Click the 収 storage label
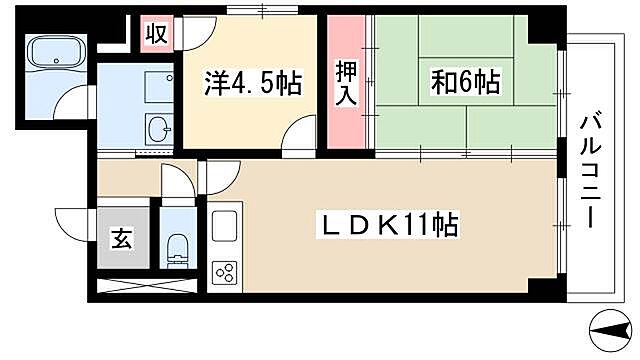pyautogui.click(x=155, y=33)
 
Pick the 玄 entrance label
pyautogui.click(x=120, y=240)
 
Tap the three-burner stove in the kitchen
pyautogui.click(x=225, y=272)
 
